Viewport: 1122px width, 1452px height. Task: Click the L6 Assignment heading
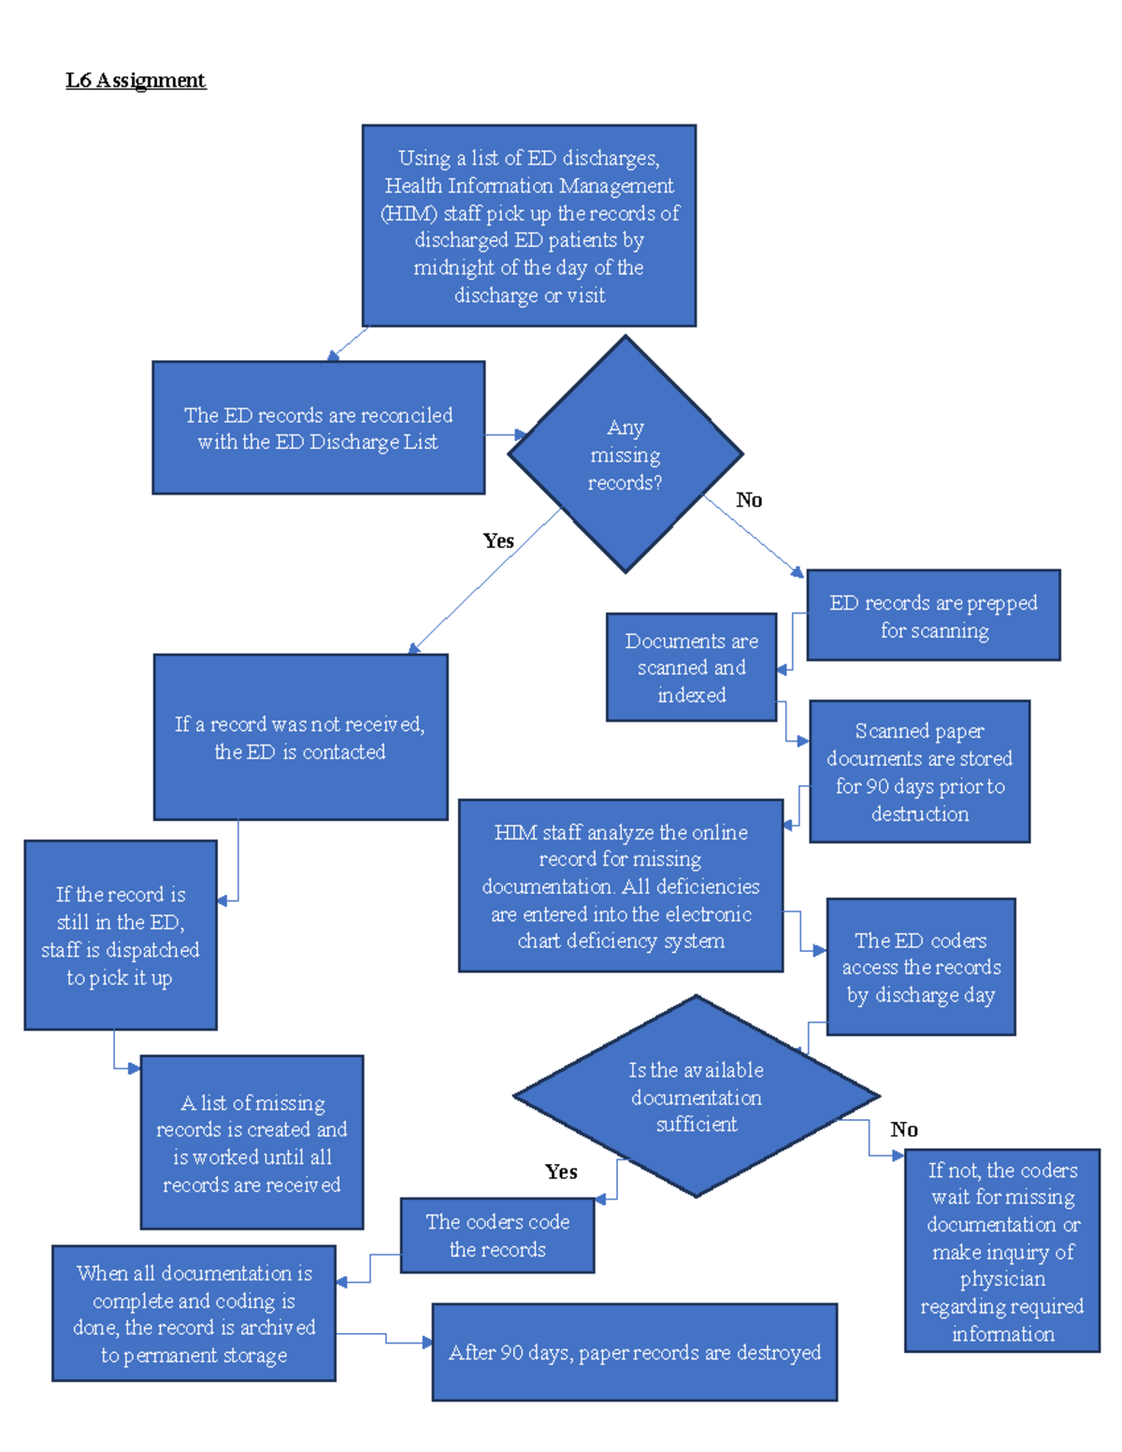136,80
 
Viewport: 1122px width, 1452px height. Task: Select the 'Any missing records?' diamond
625,454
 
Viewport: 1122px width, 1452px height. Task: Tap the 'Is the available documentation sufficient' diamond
696,1097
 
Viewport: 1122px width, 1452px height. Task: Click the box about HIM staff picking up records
529,226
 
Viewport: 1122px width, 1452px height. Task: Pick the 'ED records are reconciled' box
318,428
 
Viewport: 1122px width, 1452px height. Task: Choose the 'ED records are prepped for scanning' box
933,616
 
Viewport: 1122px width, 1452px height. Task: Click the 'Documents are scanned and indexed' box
691,668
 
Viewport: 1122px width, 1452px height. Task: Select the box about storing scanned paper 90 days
920,772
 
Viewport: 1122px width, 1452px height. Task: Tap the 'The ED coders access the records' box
921,968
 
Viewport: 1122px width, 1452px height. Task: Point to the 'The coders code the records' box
497,1235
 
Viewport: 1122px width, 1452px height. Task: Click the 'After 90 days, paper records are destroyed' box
635,1352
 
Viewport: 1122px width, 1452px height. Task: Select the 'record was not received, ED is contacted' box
300,738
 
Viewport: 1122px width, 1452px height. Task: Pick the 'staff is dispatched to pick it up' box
121,936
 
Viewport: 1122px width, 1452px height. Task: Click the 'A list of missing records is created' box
252,1143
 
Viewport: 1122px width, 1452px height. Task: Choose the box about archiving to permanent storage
194,1314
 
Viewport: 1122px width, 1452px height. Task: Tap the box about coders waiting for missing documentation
1002,1251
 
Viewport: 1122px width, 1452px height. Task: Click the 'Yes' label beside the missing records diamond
498,540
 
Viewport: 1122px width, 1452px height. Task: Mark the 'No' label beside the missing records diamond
749,500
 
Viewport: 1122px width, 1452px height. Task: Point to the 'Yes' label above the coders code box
561,1172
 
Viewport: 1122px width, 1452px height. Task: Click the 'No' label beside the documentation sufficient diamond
904,1129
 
